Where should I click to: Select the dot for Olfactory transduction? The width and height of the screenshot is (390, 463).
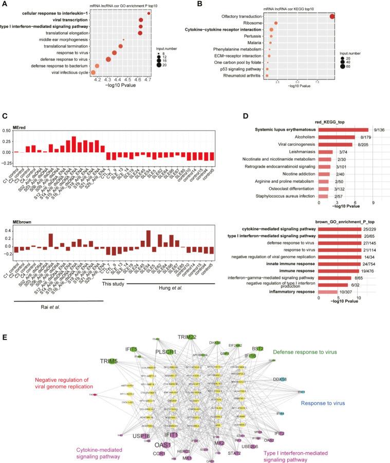[332, 16]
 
